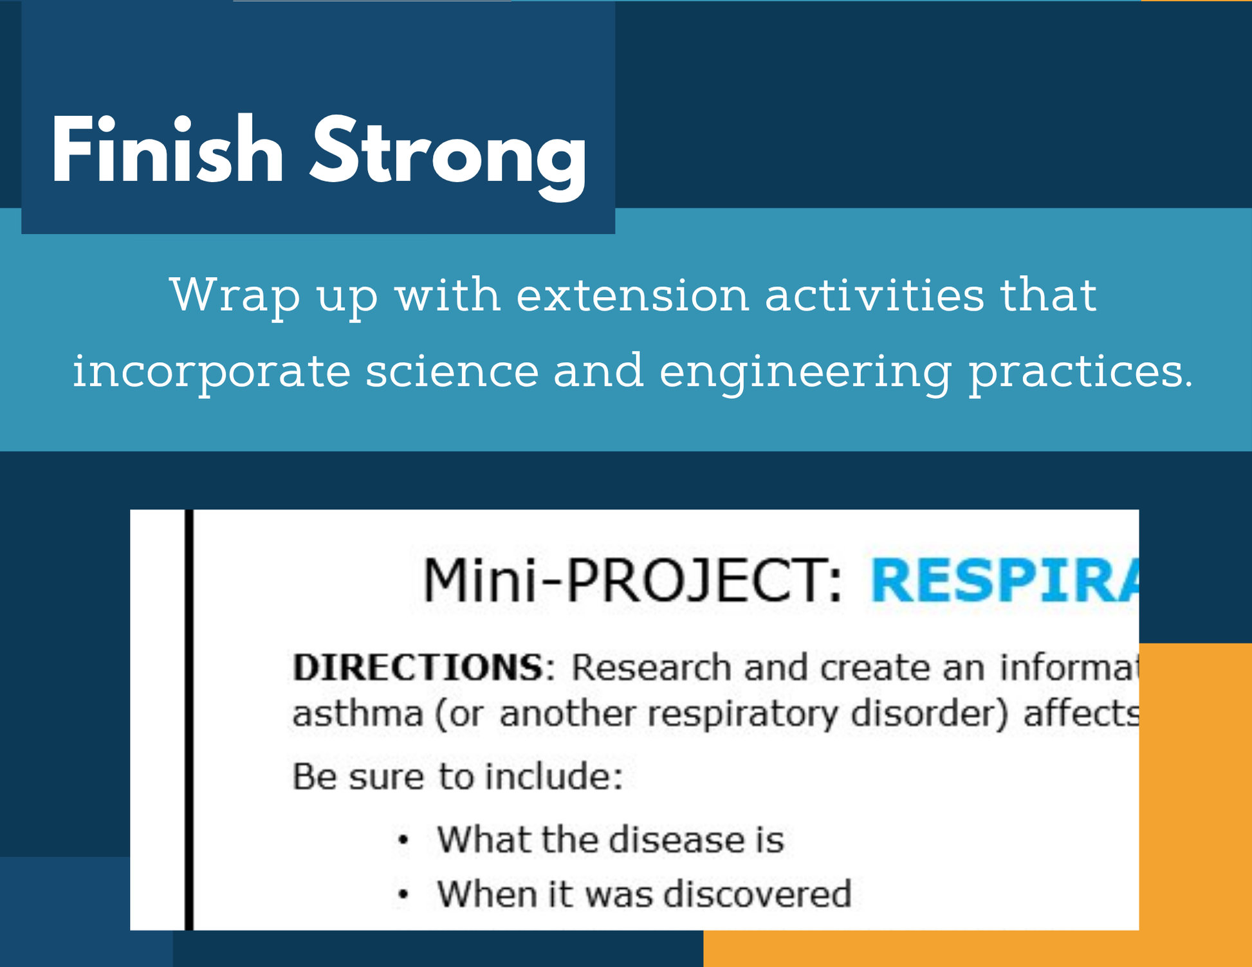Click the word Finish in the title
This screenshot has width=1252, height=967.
tap(167, 151)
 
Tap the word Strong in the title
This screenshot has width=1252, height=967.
tap(448, 157)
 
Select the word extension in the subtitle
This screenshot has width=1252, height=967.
tap(633, 295)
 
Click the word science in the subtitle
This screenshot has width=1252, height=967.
tap(452, 371)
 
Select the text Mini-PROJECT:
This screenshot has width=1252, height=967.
tap(632, 580)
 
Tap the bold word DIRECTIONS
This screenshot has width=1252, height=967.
tap(418, 667)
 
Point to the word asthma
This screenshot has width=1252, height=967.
tap(358, 714)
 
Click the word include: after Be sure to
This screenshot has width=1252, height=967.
tap(553, 776)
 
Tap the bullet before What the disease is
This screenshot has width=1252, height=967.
tap(403, 840)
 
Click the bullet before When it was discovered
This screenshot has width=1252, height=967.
tap(403, 894)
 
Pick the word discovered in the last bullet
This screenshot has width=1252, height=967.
tap(757, 894)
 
